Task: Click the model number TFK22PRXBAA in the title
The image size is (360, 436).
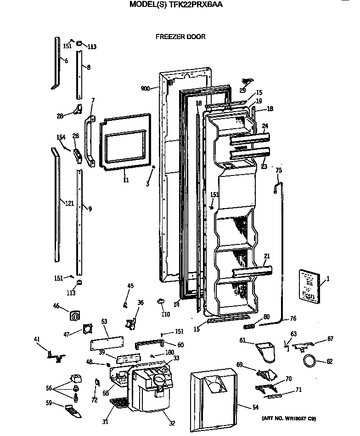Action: point(199,6)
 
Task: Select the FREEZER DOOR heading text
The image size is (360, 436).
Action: point(180,37)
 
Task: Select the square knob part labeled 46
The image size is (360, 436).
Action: point(75,316)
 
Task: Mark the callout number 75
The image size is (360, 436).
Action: point(278,170)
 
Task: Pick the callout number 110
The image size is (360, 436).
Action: point(165,314)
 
